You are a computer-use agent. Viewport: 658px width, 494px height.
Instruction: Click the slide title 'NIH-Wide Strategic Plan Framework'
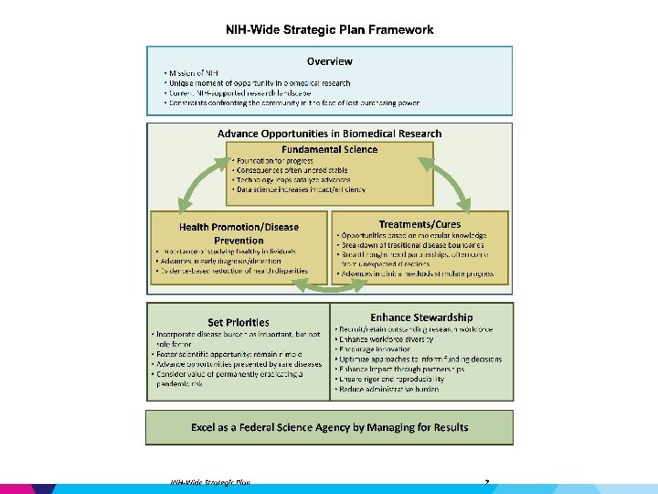click(x=330, y=29)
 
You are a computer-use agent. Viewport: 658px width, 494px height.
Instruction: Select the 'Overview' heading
click(x=330, y=61)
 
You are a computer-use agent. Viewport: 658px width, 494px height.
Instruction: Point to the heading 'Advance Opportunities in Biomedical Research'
click(x=329, y=134)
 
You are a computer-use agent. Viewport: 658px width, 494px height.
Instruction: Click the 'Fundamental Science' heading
click(x=330, y=149)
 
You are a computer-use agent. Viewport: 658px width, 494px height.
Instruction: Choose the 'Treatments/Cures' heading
click(x=419, y=224)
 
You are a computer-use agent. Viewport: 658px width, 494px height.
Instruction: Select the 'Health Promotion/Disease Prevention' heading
click(x=239, y=233)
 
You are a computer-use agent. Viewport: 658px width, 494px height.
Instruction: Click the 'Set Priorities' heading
click(x=239, y=322)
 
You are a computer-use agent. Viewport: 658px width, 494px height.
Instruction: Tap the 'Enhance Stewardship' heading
click(x=421, y=317)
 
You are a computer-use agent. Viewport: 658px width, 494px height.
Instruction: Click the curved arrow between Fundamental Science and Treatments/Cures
click(x=450, y=183)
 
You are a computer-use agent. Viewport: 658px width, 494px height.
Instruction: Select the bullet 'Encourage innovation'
click(x=375, y=349)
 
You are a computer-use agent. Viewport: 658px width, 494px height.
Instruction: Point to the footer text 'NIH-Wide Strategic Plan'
click(x=210, y=482)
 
